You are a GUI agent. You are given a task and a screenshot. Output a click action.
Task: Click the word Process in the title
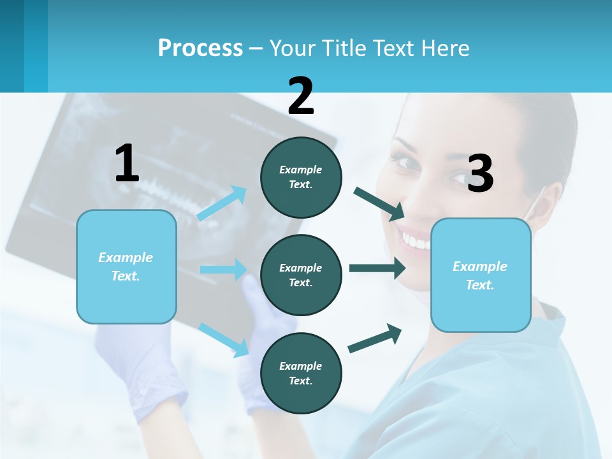click(200, 48)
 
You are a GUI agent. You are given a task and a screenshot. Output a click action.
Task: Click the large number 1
click(127, 163)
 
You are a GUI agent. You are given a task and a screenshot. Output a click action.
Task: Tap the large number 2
click(301, 96)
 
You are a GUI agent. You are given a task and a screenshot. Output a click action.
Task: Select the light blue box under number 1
click(126, 266)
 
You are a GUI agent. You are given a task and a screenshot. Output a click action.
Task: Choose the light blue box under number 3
click(481, 275)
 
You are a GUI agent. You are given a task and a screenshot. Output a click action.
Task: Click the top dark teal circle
click(301, 177)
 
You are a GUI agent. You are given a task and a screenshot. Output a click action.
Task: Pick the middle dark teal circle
click(301, 275)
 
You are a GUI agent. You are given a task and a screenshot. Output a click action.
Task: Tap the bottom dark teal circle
click(301, 373)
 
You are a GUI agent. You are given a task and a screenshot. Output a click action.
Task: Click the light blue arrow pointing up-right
click(222, 203)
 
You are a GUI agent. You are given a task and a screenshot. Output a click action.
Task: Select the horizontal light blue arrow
click(223, 270)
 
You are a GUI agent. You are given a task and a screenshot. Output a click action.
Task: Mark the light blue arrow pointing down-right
click(224, 339)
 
